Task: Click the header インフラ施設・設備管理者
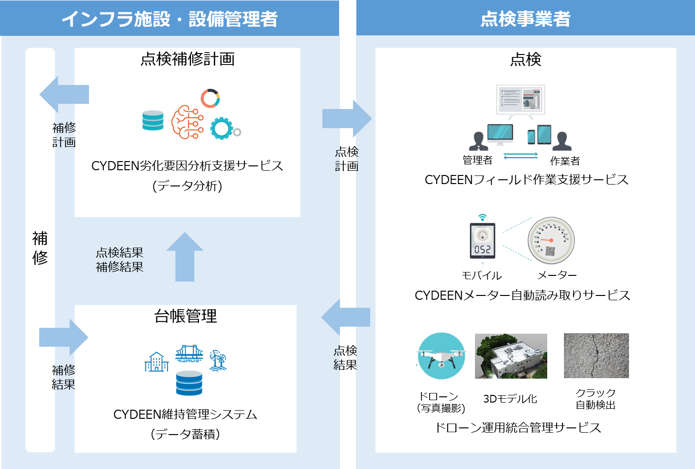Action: click(169, 19)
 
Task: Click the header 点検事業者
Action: click(525, 19)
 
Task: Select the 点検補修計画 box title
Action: click(188, 59)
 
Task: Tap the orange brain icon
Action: click(187, 122)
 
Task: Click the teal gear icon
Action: click(221, 128)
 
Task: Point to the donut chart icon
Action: click(210, 98)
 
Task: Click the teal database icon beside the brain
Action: click(153, 120)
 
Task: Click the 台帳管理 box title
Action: click(186, 316)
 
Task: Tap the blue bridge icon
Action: click(189, 354)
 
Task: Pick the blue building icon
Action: click(157, 362)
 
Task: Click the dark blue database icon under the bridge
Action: click(189, 383)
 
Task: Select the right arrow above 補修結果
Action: click(64, 337)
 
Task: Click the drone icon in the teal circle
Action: click(441, 356)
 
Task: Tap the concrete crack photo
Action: click(596, 356)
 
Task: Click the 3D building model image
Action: click(511, 356)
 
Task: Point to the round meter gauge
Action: click(551, 240)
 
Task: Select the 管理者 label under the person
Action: click(477, 160)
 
